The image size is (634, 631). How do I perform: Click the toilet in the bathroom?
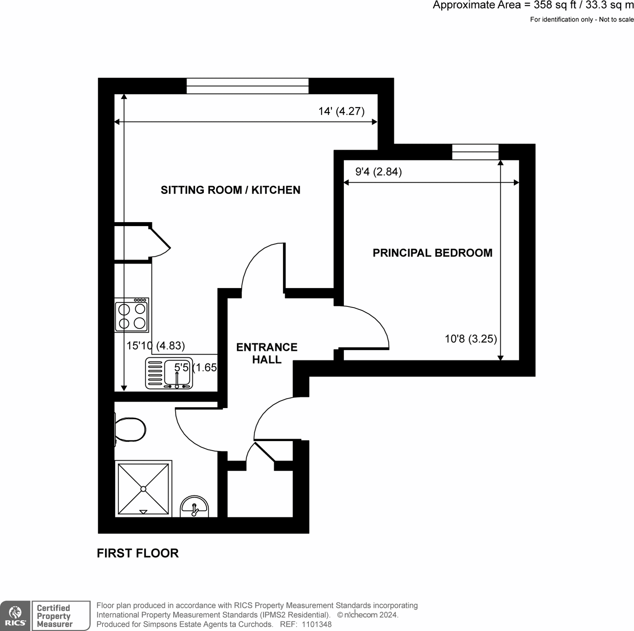[x=130, y=430]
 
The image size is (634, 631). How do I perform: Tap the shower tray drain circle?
[x=143, y=489]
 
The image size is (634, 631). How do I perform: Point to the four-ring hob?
[x=132, y=315]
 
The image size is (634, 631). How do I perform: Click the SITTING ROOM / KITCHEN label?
[x=230, y=190]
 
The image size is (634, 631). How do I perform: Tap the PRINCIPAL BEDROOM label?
[x=432, y=253]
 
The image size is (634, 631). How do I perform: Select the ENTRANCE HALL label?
[x=267, y=353]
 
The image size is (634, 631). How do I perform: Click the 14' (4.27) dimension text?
[x=341, y=111]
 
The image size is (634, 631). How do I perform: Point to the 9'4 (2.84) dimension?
[x=378, y=172]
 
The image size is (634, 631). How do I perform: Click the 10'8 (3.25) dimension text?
[x=471, y=339]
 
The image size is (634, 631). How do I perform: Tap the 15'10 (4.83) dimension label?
[x=156, y=345]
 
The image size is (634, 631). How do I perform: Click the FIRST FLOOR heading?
[x=138, y=553]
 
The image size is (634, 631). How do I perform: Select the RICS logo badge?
[x=15, y=615]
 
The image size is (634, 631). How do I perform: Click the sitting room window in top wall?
[x=247, y=86]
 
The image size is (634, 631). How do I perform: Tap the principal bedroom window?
[x=475, y=152]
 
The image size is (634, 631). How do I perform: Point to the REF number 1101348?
[x=317, y=625]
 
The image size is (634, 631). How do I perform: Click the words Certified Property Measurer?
[x=55, y=616]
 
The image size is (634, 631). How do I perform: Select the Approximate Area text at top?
[x=533, y=6]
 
